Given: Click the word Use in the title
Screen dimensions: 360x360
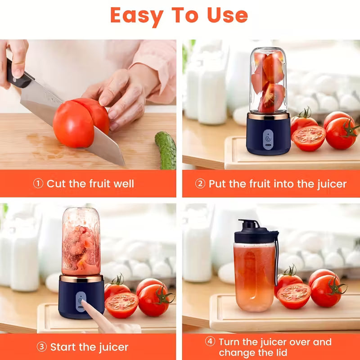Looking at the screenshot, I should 227,15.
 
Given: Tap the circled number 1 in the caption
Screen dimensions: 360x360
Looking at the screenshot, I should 39,184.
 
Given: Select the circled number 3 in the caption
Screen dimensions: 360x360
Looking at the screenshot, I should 41,347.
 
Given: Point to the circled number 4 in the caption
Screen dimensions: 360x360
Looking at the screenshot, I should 210,342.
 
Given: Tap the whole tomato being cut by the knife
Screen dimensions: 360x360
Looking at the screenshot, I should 74,124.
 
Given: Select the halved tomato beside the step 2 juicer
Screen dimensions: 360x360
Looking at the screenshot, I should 308,138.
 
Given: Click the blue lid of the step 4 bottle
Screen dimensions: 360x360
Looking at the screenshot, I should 256,234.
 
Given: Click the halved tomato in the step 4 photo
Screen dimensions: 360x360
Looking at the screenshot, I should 293,296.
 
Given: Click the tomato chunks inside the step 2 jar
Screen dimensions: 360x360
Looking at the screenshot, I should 269,81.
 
